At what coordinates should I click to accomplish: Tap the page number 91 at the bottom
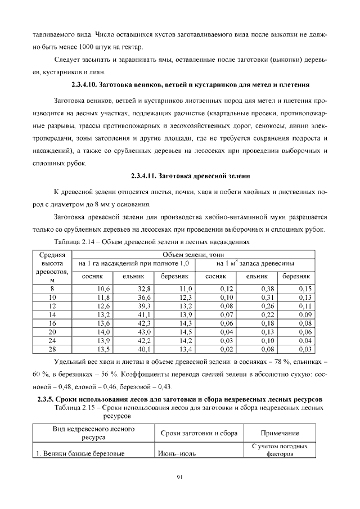pos(180,478)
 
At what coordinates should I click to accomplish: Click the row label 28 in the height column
pos(52,349)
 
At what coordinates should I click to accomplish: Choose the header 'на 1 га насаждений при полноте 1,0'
pos(134,263)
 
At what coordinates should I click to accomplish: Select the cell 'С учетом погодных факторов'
pos(280,449)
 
